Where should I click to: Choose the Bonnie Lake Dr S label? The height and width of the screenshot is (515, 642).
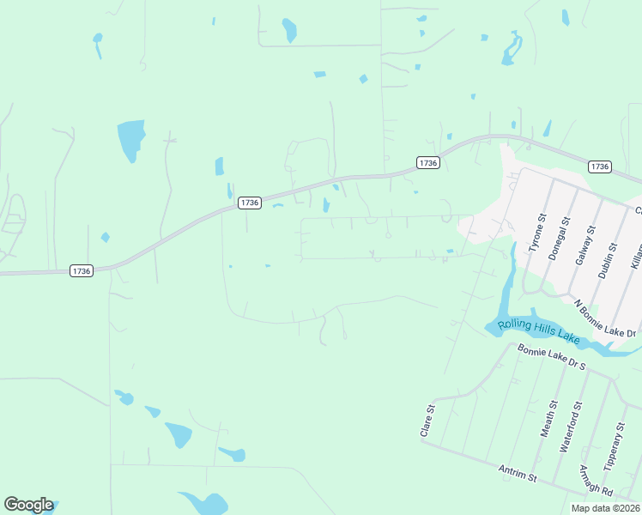point(551,357)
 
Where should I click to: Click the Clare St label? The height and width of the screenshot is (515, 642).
point(425,422)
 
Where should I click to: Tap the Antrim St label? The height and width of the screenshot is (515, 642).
point(518,472)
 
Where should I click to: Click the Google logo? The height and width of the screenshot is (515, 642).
point(28,505)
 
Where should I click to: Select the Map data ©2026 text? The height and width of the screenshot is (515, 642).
point(606,508)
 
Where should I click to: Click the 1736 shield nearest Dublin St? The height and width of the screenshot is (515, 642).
point(600,167)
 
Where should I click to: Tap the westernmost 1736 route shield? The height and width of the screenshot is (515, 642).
point(81,271)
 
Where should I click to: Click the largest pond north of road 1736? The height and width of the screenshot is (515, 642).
point(130,139)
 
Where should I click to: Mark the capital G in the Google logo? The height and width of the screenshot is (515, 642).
point(11,505)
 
